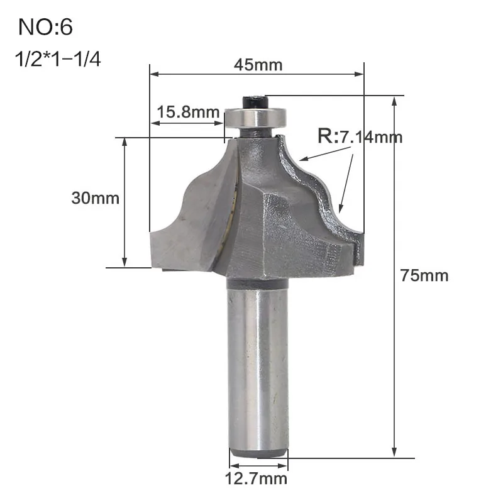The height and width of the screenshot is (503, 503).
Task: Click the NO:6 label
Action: [45, 27]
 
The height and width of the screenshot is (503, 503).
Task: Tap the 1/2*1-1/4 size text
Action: [58, 59]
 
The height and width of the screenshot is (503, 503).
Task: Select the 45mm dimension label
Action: [258, 65]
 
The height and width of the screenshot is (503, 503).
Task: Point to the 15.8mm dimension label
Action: [188, 113]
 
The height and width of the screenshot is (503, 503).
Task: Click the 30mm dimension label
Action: [96, 198]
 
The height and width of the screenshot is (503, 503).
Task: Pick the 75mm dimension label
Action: [424, 275]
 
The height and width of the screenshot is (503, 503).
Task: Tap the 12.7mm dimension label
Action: [256, 479]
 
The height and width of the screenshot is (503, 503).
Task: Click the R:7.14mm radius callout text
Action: [360, 136]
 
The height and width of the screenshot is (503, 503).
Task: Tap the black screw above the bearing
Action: [255, 101]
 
